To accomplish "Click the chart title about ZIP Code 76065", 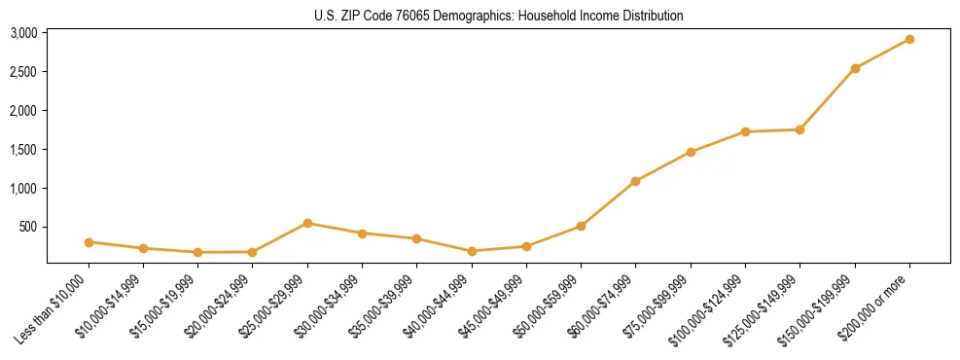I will [x=499, y=16].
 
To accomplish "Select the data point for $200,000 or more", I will [x=909, y=40].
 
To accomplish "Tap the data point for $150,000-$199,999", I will [x=855, y=68].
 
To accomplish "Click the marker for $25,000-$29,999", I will [x=307, y=223].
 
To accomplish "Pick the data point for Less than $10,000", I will [x=89, y=242].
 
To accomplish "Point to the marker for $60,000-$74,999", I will [x=635, y=181].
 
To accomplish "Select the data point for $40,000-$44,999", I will [x=472, y=251].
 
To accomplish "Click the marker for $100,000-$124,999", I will [x=745, y=131].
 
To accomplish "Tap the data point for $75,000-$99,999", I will [x=691, y=152].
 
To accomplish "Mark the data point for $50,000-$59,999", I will [x=581, y=226].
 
